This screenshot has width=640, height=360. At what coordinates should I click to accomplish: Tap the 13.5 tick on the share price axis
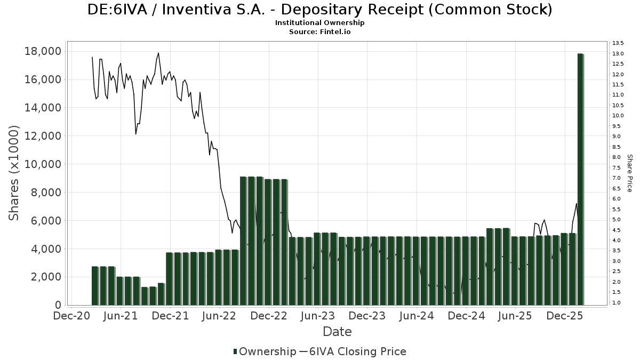[618, 43]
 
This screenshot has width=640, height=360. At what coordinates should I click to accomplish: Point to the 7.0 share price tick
[617, 178]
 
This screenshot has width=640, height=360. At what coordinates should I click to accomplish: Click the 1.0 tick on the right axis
[617, 303]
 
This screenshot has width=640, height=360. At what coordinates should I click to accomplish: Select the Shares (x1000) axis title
[14, 173]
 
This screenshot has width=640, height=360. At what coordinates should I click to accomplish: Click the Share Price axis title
[629, 173]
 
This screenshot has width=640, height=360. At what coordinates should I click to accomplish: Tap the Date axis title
[337, 332]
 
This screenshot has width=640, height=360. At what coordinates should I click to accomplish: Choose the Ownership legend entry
[265, 351]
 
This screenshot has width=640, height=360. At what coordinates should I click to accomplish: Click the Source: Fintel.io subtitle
[320, 31]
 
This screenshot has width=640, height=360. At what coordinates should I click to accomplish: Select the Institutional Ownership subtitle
[320, 23]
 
